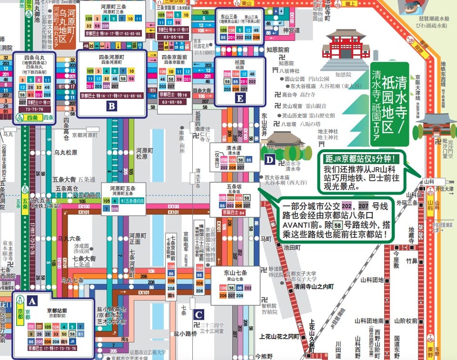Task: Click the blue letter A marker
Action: [x=32, y=301]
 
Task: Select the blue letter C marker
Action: [x=199, y=314]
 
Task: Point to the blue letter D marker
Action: [x=270, y=160]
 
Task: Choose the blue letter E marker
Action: [x=241, y=98]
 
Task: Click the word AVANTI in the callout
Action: [x=298, y=225]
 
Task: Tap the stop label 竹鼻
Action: [x=412, y=261]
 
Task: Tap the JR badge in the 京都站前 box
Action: [x=72, y=341]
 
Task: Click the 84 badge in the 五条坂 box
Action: [x=242, y=213]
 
